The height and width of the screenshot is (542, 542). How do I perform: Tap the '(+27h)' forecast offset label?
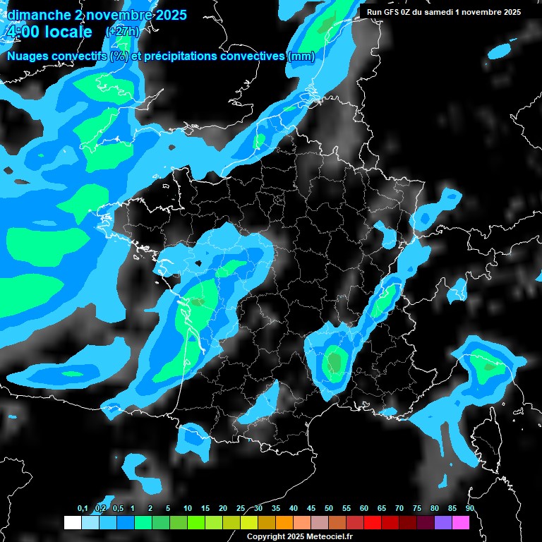coord(122,32)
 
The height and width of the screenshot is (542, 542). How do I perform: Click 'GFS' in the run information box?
coord(392,12)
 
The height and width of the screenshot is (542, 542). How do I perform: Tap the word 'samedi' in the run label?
coord(444,12)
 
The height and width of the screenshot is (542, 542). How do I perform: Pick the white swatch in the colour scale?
coord(72,523)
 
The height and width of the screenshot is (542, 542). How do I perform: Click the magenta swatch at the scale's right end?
coord(461,523)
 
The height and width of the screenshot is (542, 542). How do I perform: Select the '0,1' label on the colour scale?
coord(83,509)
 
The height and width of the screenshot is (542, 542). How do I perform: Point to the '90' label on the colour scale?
coord(470,509)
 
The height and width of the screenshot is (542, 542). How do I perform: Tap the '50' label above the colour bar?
coord(329,509)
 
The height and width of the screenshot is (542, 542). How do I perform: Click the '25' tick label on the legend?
coord(241,509)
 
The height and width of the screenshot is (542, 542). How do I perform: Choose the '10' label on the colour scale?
coord(188,509)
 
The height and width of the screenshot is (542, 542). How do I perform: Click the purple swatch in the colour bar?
coord(443,523)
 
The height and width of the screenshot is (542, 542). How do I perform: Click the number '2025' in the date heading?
coord(166,15)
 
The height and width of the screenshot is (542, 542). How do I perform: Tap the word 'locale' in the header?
coord(68,32)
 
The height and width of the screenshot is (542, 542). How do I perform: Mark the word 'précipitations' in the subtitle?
coord(178,56)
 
